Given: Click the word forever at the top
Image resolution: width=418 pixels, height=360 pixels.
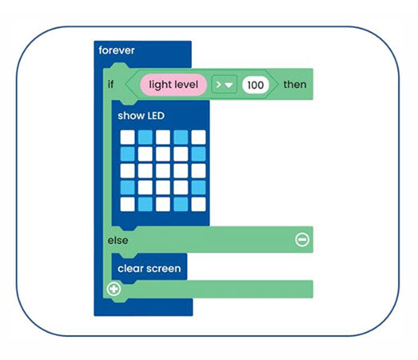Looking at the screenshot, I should tap(116, 50).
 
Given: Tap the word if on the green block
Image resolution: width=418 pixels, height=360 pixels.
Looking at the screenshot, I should tap(110, 84).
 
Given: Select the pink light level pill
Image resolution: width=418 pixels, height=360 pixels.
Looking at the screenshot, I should tap(174, 84).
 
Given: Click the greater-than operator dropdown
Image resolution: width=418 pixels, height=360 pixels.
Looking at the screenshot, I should tap(224, 84).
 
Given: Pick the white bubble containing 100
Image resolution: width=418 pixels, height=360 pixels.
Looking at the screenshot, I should tap(254, 84).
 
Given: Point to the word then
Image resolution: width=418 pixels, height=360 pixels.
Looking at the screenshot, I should tap(294, 84).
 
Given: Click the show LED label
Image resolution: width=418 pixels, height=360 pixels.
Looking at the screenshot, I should tap(141, 116).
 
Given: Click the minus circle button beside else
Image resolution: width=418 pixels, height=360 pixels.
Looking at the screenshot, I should tap(302, 239).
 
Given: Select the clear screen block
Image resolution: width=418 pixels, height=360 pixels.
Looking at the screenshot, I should tap(149, 268).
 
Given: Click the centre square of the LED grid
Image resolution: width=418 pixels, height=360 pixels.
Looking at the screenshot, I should tap(163, 170).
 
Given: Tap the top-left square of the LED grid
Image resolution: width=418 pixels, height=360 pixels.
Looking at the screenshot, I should tap(128, 137).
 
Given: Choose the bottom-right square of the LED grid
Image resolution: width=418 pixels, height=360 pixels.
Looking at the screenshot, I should tap(198, 204).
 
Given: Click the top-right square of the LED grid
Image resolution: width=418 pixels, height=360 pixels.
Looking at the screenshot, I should tap(198, 137).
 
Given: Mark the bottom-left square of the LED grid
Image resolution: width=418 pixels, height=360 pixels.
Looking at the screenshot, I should tap(128, 204).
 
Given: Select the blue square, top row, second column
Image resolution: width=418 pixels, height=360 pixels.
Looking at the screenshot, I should tap(145, 137).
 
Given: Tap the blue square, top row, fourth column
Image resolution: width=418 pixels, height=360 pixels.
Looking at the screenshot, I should tap(181, 137).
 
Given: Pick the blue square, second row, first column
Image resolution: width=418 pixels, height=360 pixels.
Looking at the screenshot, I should tap(128, 154).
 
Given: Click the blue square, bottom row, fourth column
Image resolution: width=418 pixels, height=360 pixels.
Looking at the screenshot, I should tap(181, 204).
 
